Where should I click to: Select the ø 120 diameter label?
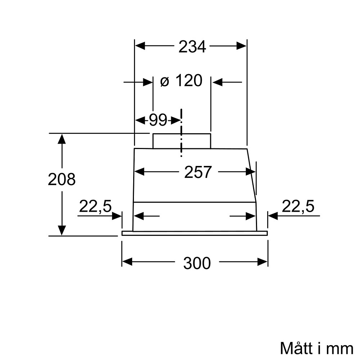coord(181,81)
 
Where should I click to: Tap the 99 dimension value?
coord(158,120)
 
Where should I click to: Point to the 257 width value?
coord(198,172)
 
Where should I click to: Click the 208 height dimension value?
coord(62,179)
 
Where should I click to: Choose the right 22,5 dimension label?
coord(298,207)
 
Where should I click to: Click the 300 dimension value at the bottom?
coord(197,263)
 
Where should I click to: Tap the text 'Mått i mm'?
coord(316,348)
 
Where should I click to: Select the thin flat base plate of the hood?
coord(194,233)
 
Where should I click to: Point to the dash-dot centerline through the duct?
coord(181,133)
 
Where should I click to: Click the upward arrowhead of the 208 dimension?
coord(62,139)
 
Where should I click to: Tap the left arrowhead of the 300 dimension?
coord(127,262)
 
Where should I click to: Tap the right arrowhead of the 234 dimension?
coord(242,46)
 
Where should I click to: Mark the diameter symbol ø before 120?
coord(164,82)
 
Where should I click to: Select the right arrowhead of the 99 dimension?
coord(175,120)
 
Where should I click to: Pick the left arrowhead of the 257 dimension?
coord(139,172)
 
